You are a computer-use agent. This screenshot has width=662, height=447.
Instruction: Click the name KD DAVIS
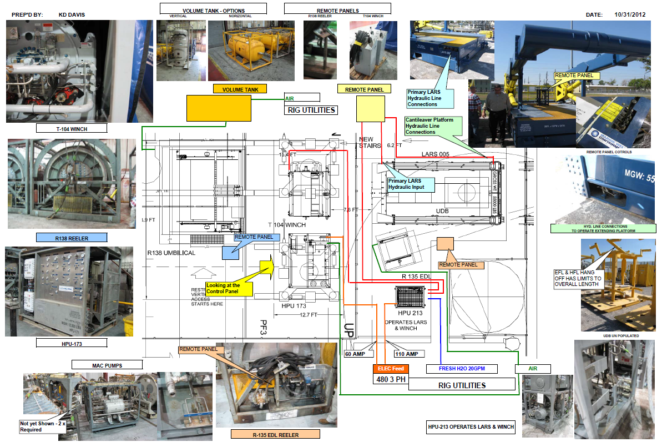click(72, 14)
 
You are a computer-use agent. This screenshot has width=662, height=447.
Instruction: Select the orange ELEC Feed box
click(390, 368)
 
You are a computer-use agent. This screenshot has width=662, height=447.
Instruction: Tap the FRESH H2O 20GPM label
click(462, 368)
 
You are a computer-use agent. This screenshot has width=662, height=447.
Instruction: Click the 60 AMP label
click(356, 354)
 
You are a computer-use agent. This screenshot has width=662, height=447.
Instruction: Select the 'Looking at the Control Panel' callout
click(229, 289)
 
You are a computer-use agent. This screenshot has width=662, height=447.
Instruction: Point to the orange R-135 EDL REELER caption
click(275, 434)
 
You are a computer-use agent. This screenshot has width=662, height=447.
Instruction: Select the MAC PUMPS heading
click(107, 365)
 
